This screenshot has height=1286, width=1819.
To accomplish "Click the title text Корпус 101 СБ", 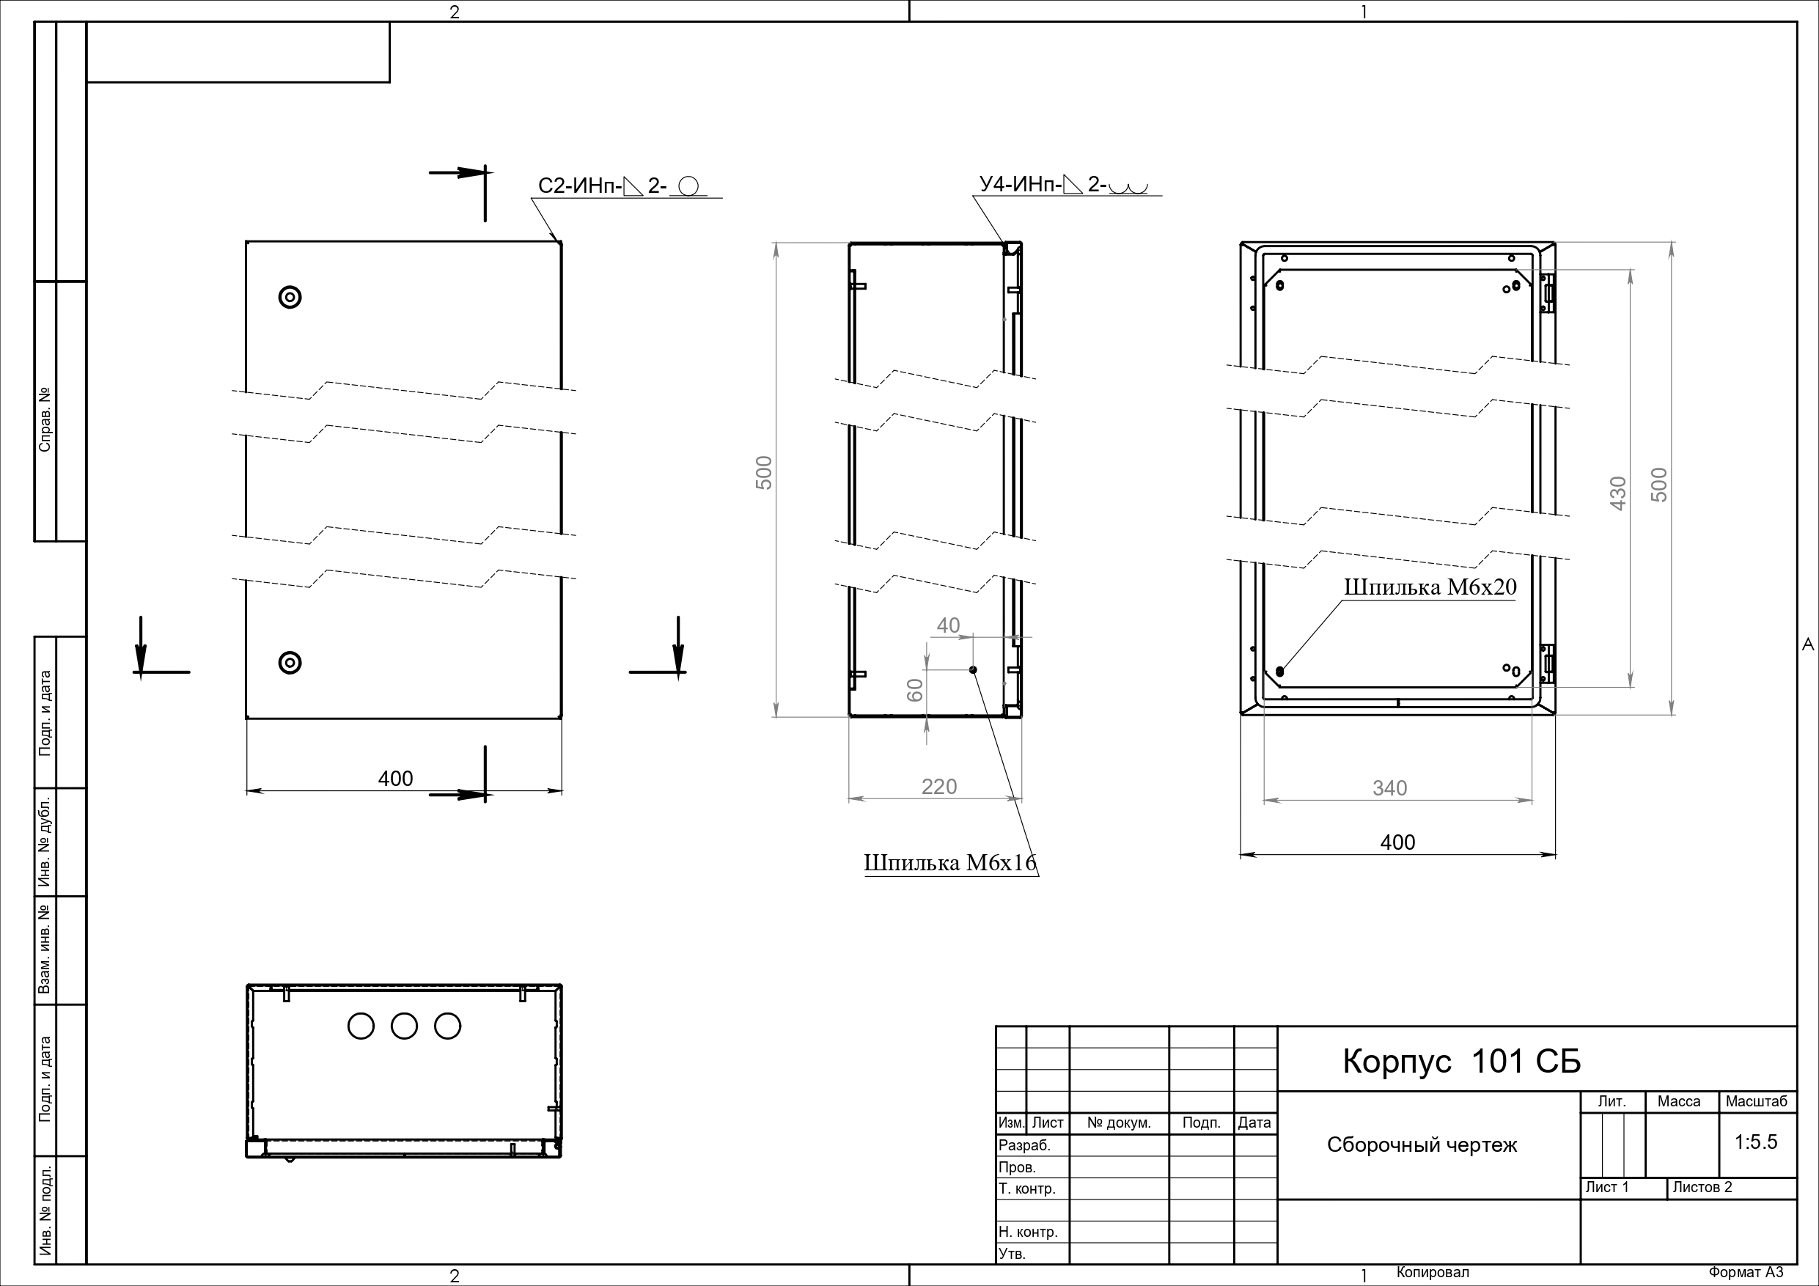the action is pyautogui.click(x=1461, y=1061).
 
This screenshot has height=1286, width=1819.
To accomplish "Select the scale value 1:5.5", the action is pyautogui.click(x=1756, y=1142).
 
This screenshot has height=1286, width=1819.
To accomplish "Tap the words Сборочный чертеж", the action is pyautogui.click(x=1422, y=1145).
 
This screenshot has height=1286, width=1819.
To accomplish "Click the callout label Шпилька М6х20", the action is pyautogui.click(x=1430, y=587).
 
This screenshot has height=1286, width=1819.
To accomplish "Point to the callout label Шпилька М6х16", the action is pyautogui.click(x=950, y=863).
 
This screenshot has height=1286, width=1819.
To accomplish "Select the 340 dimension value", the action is pyautogui.click(x=1389, y=788).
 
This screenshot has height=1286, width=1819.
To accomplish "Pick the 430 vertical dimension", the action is pyautogui.click(x=1618, y=493).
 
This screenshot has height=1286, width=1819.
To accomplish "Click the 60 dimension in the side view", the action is pyautogui.click(x=915, y=689).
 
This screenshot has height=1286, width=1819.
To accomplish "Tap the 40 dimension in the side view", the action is pyautogui.click(x=948, y=625).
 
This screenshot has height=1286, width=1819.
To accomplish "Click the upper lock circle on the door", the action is pyautogui.click(x=290, y=297).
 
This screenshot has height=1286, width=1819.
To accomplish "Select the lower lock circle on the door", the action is pyautogui.click(x=290, y=662).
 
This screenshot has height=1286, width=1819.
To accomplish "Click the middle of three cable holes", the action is pyautogui.click(x=404, y=1026).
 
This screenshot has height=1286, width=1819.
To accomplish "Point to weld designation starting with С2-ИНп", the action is pyautogui.click(x=622, y=186).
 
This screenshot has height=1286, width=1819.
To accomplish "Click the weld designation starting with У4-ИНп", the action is pyautogui.click(x=1063, y=185).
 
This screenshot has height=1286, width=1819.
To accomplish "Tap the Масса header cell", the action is pyautogui.click(x=1679, y=1101).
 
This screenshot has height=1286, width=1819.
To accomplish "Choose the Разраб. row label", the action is pyautogui.click(x=1024, y=1145).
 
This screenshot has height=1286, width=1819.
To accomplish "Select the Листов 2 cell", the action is pyautogui.click(x=1702, y=1187).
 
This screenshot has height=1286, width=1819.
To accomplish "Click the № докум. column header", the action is pyautogui.click(x=1119, y=1123).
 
